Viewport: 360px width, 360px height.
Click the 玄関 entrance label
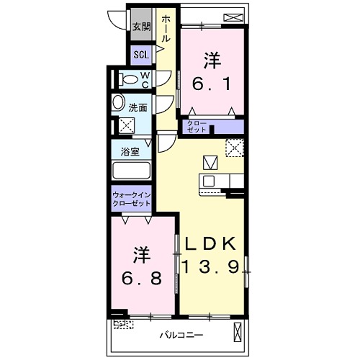click(x=142, y=27)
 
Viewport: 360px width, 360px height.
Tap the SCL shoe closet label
click(x=141, y=55)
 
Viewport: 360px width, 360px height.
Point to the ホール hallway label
click(x=166, y=29)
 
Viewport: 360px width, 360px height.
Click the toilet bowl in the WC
click(x=129, y=79)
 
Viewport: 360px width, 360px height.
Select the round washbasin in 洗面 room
click(x=117, y=102)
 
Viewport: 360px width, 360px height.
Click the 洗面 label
click(x=138, y=108)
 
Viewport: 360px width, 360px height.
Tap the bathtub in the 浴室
click(x=132, y=171)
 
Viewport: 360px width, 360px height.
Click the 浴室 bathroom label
click(x=130, y=152)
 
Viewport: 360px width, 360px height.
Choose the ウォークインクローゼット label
click(x=132, y=199)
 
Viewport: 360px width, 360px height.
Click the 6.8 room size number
click(x=142, y=279)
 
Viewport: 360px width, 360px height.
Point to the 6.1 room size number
click(x=212, y=84)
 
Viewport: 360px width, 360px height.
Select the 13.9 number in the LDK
click(x=211, y=267)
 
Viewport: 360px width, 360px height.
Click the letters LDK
click(x=211, y=244)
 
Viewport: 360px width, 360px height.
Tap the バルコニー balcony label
click(x=181, y=335)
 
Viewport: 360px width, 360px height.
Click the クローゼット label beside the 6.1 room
click(x=197, y=127)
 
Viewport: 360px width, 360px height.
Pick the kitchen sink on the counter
click(x=209, y=181)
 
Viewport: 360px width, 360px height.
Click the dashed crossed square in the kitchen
click(x=235, y=148)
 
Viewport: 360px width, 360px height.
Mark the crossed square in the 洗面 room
click(x=127, y=125)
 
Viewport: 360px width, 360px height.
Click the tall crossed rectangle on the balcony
click(x=238, y=332)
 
